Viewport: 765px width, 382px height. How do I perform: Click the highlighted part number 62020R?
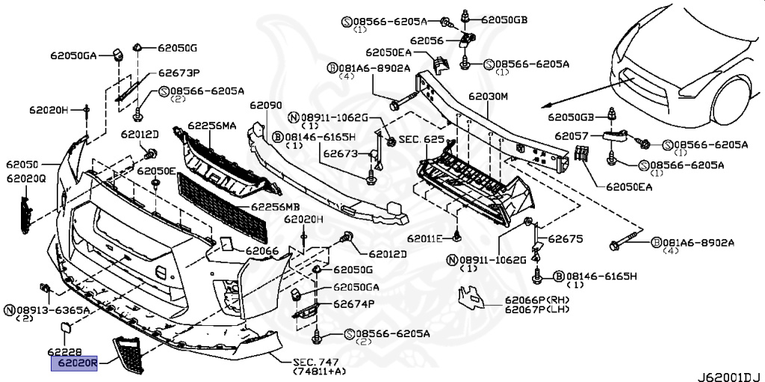tap(75, 364)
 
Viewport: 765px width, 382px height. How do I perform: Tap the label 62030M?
tap(489, 96)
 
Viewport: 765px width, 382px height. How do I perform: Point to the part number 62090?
tap(266, 106)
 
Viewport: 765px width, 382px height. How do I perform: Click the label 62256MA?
tap(212, 126)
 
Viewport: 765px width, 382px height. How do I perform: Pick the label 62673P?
tap(179, 73)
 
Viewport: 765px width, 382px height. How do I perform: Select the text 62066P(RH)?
tap(536, 300)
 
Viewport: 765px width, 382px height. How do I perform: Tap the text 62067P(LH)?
tap(536, 309)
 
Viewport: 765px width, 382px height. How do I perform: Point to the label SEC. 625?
tap(421, 139)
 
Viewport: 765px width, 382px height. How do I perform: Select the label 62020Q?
tap(27, 179)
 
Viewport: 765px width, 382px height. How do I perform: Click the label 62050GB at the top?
tap(504, 18)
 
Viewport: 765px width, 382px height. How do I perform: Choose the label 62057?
tap(569, 136)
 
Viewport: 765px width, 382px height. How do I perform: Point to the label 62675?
tap(566, 239)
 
